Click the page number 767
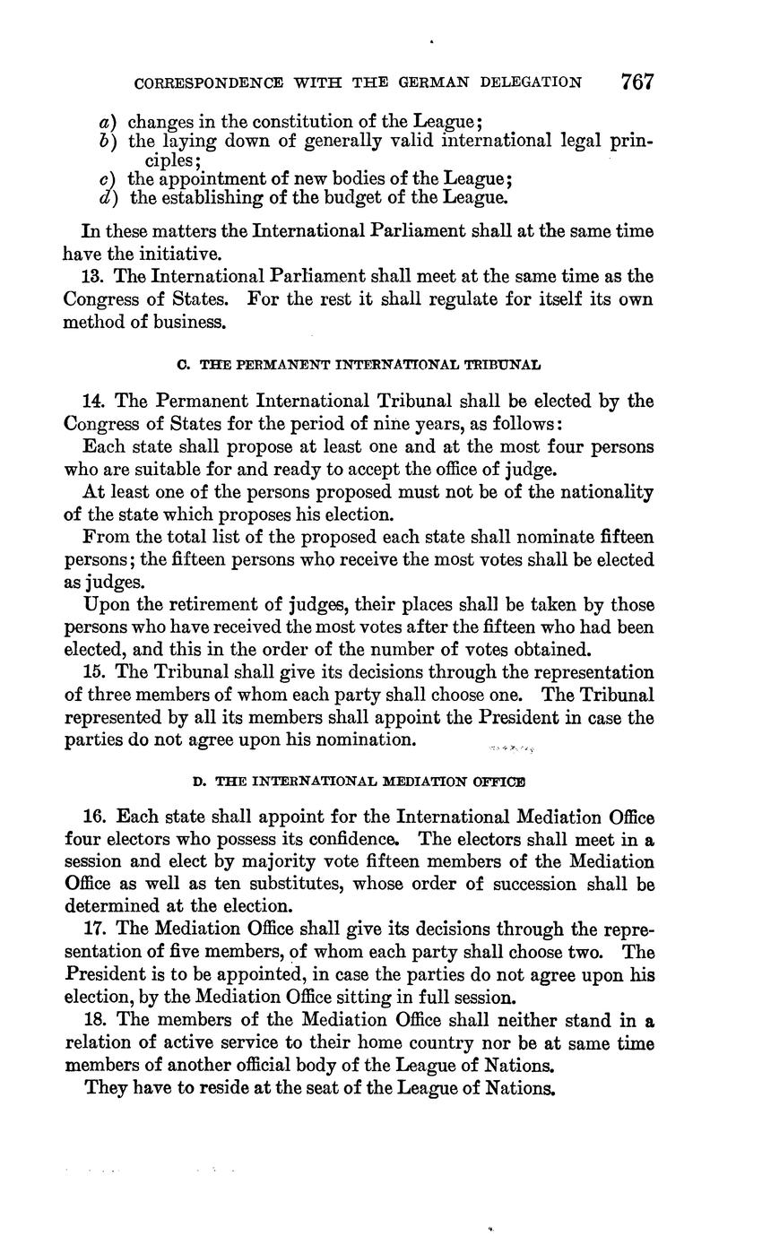[x=636, y=82]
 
